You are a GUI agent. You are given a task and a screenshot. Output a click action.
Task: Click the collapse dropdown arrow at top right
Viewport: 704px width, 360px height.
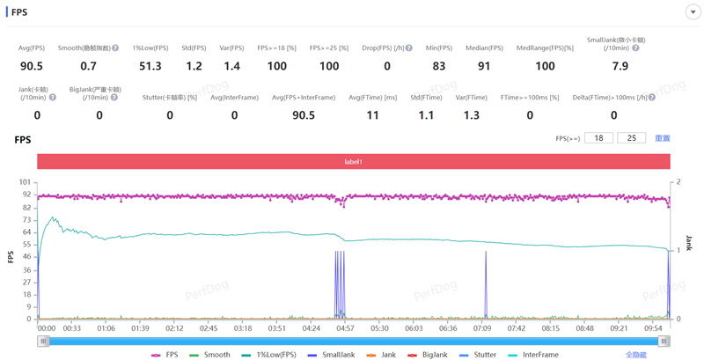(692, 12)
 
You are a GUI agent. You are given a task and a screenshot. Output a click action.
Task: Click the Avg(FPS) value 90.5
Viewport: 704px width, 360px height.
(32, 66)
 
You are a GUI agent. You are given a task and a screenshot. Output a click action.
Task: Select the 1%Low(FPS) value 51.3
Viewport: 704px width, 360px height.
(147, 66)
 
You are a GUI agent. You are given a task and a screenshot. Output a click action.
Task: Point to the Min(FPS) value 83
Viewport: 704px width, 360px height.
(438, 66)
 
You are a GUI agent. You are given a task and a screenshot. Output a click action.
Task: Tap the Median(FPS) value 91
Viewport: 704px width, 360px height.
(484, 66)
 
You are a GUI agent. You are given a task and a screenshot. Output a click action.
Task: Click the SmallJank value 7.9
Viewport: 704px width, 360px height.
(620, 66)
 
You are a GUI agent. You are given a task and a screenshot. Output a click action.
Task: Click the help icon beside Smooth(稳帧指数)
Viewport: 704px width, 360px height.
(116, 48)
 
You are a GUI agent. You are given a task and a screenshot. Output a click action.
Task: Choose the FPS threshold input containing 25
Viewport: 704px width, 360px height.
(631, 138)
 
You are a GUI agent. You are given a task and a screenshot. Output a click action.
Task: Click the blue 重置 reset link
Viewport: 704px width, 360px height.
(663, 138)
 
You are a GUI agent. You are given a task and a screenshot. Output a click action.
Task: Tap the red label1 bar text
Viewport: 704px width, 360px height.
(353, 162)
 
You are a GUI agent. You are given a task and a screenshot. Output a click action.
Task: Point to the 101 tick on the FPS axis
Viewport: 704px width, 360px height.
(25, 182)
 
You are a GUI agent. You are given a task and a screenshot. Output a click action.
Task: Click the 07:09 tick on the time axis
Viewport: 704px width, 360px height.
(482, 328)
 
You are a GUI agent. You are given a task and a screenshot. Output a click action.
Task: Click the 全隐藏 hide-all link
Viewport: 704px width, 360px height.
(635, 355)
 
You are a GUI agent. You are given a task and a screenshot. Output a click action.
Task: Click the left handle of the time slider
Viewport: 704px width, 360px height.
(43, 342)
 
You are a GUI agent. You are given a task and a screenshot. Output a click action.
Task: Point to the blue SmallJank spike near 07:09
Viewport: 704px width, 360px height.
(486, 282)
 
